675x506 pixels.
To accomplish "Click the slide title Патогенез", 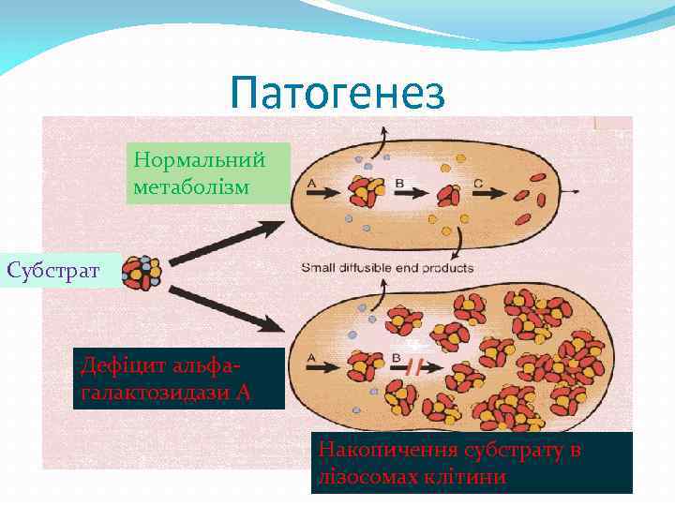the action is (x=337, y=94).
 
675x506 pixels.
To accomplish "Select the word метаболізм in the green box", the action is (x=191, y=187).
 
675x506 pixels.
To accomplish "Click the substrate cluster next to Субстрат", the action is (x=142, y=272).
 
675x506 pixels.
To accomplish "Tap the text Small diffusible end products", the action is (x=387, y=268).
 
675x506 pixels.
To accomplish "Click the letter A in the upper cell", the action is (x=310, y=183).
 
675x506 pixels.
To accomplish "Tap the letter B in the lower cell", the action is (x=397, y=357).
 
